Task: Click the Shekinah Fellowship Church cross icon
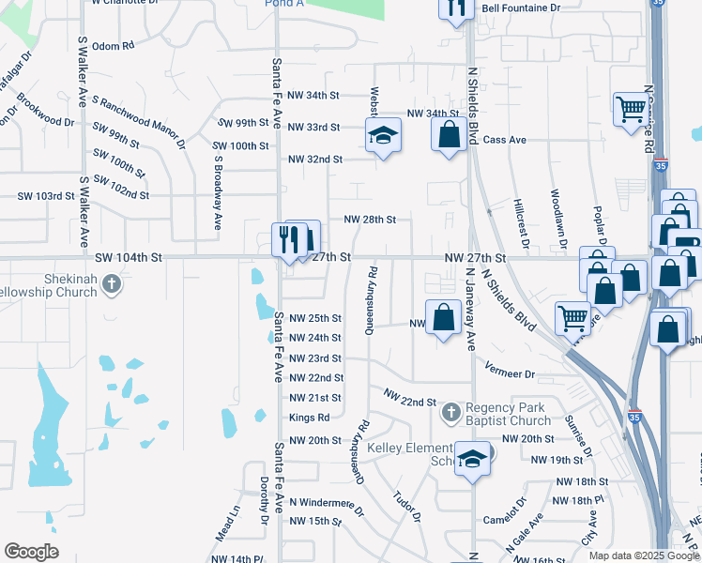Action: (x=111, y=283)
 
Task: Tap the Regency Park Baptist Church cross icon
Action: (x=451, y=411)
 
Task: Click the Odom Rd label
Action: (x=114, y=45)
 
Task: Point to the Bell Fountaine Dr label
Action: (x=520, y=8)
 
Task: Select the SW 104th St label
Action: (x=129, y=256)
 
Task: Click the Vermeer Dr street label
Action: (x=511, y=373)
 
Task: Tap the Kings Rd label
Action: (x=310, y=418)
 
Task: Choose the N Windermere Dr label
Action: (x=327, y=504)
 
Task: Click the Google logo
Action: (x=31, y=552)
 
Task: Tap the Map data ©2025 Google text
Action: (x=643, y=555)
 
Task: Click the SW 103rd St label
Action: (x=46, y=196)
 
